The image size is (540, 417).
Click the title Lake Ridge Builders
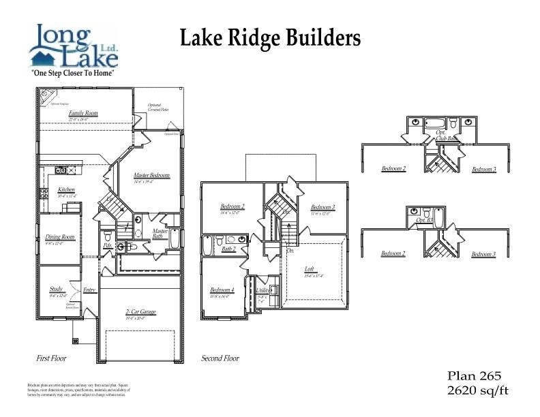270,38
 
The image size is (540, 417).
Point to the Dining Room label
59,237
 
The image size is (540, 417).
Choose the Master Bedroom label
151,176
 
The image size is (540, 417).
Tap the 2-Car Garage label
140,312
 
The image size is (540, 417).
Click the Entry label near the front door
90,290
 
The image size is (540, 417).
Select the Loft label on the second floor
310,269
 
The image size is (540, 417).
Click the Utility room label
261,290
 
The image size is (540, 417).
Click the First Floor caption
51,358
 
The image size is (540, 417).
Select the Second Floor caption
220,358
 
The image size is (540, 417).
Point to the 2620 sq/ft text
477,390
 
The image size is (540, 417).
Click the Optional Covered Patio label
158,108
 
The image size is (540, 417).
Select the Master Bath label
160,233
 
